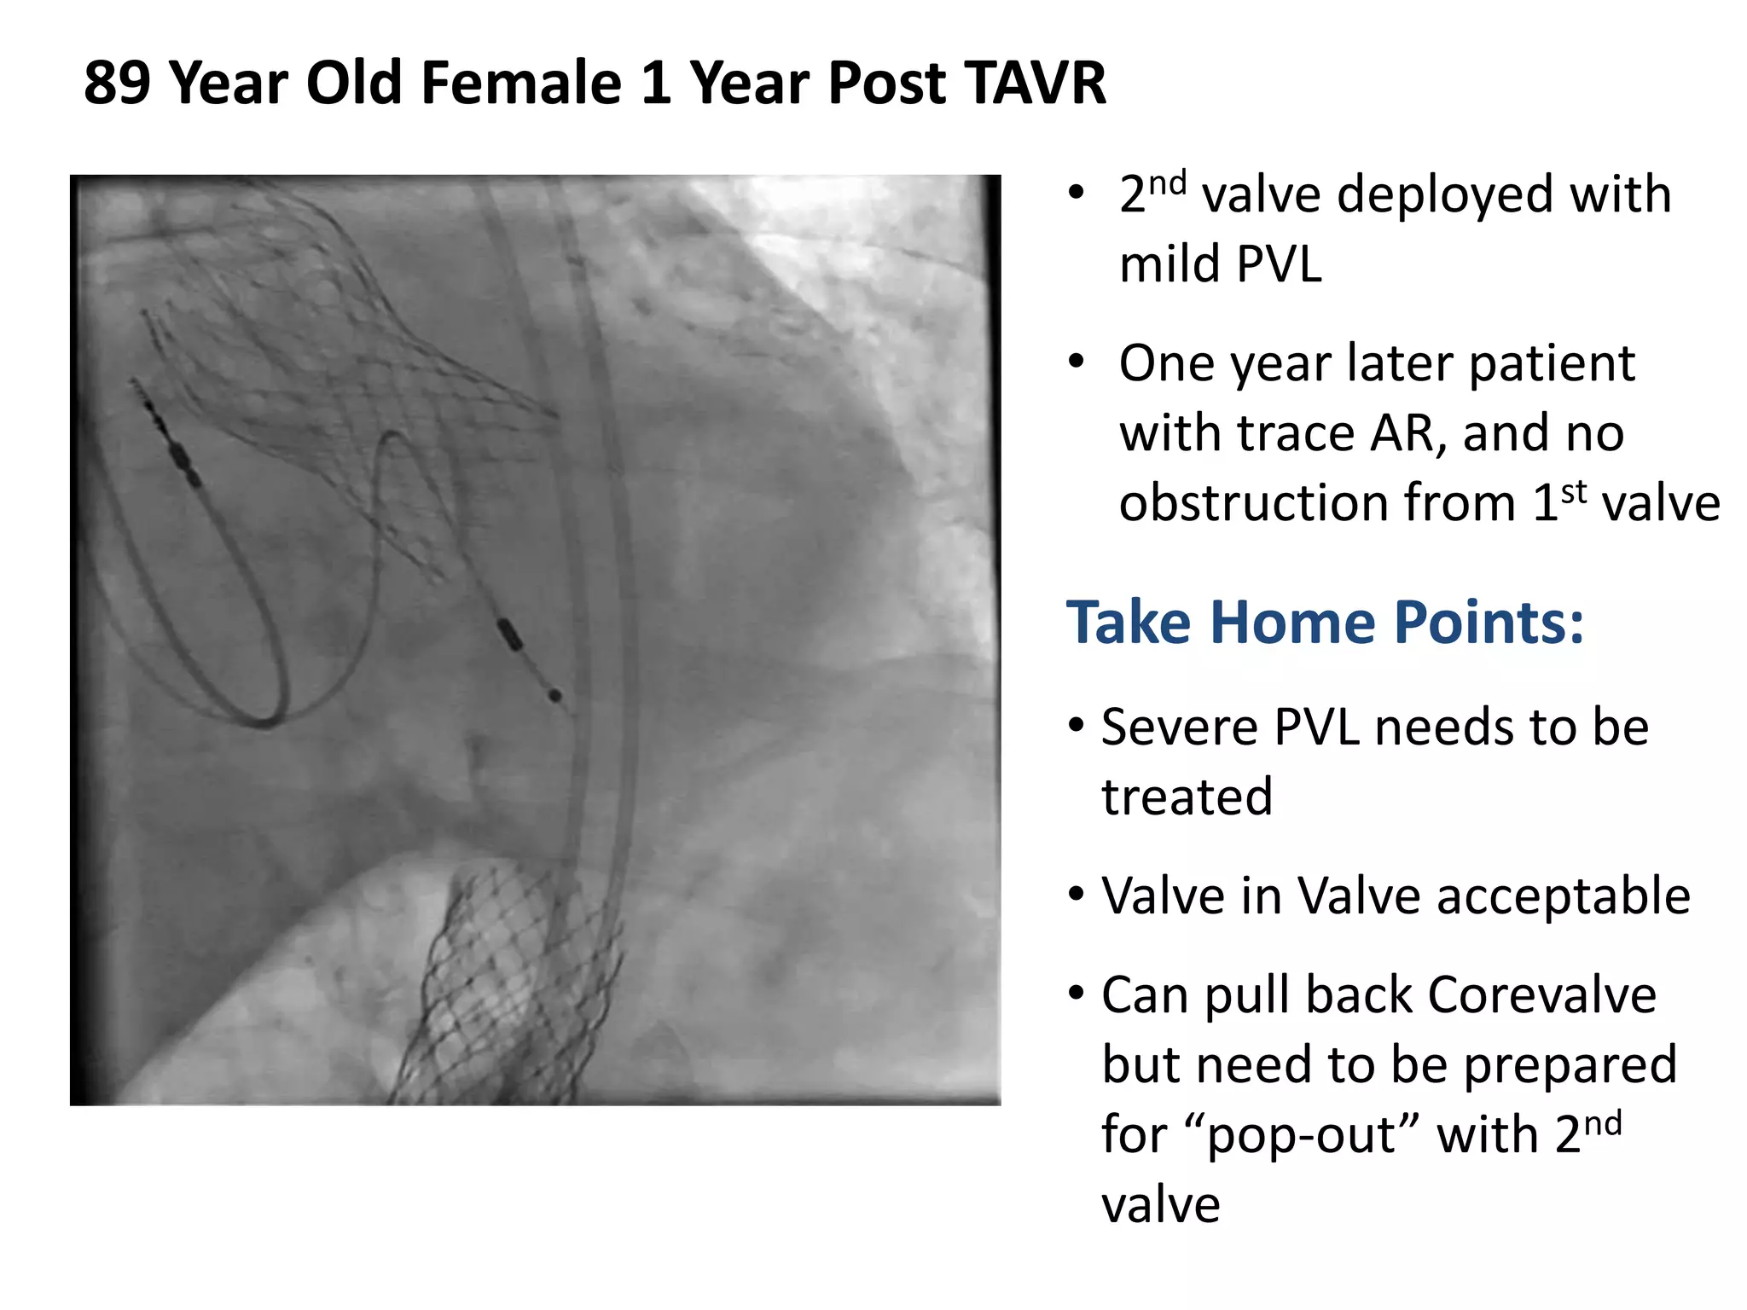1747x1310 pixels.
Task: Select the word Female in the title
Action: tap(520, 84)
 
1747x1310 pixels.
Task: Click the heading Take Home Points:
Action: tap(1325, 622)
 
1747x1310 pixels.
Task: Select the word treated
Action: tap(1187, 797)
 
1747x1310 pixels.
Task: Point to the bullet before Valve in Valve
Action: tap(1077, 895)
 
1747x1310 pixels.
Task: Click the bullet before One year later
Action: tap(1077, 362)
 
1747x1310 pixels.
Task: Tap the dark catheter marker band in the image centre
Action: tap(509, 633)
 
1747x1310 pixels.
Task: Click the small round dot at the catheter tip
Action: tap(554, 696)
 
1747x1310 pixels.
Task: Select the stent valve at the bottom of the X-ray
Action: tap(512, 989)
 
